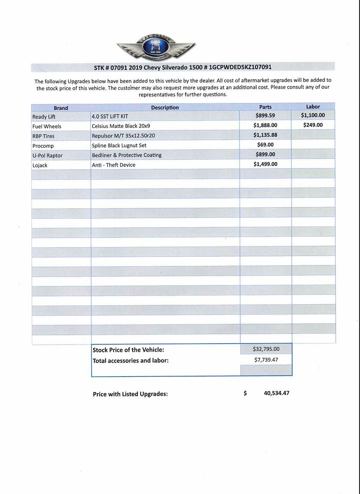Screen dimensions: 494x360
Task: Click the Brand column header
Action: click(61, 108)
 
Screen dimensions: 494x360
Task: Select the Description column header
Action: click(165, 107)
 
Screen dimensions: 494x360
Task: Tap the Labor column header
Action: click(313, 107)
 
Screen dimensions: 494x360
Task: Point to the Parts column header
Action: click(265, 107)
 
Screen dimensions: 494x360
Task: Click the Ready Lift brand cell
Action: click(44, 117)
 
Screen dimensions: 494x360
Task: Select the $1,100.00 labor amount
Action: click(313, 116)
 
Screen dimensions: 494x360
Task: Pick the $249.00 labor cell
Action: click(313, 125)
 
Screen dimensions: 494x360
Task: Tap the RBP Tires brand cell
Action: click(43, 136)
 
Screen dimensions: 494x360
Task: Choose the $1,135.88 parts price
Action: click(265, 135)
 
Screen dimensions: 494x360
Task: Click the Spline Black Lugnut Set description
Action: click(119, 145)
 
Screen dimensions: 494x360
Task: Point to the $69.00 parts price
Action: click(265, 144)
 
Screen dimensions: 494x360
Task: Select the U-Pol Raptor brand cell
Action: click(47, 156)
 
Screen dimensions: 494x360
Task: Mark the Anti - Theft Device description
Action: click(114, 165)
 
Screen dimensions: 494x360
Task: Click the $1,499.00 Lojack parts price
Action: click(265, 164)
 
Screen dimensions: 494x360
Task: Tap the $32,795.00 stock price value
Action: click(266, 349)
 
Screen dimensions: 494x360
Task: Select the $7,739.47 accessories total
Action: click(266, 359)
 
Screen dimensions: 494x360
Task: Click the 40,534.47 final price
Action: click(276, 393)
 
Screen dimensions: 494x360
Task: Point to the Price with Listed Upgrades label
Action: click(130, 394)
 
